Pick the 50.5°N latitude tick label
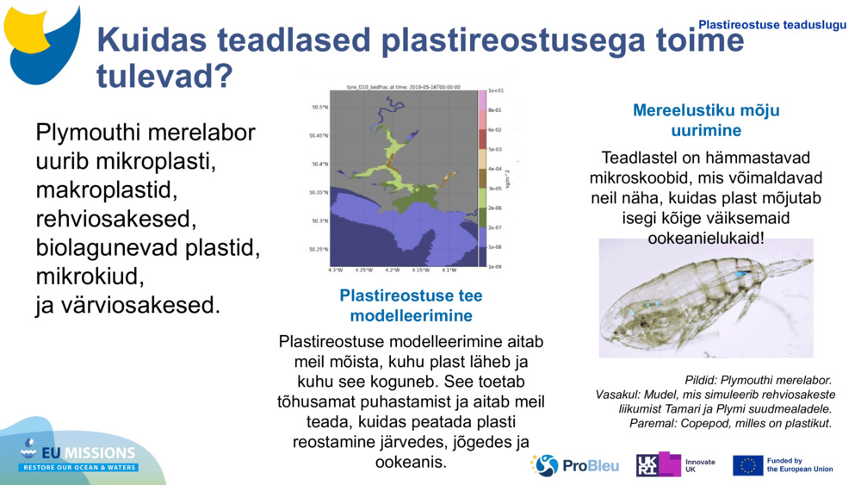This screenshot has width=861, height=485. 319,108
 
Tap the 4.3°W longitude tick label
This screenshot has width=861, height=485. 335,270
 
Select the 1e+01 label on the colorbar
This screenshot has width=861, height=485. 495,90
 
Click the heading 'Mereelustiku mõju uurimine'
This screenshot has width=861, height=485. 706,121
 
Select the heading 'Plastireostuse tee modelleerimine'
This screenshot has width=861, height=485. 411,305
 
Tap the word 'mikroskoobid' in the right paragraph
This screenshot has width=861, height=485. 643,177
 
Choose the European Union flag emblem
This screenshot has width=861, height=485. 747,465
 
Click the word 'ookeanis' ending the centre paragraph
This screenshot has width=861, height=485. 411,463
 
